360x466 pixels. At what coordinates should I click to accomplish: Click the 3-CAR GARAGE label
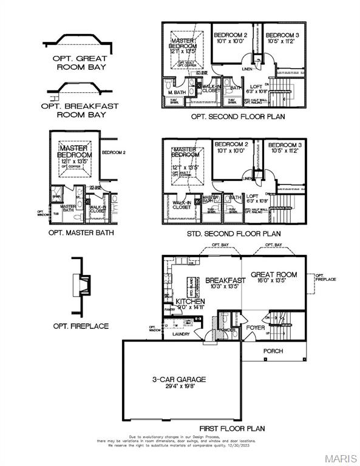click(178, 379)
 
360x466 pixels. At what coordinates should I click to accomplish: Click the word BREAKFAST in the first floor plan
click(225, 280)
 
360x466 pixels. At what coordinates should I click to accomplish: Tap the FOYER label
click(255, 328)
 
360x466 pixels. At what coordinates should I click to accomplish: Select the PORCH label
click(273, 351)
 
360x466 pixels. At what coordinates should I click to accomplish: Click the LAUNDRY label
click(181, 334)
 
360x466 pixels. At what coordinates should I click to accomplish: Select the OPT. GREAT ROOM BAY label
click(79, 63)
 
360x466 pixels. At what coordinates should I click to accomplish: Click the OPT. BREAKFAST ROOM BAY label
click(80, 110)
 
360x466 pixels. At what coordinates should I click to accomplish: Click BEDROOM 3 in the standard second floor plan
click(285, 145)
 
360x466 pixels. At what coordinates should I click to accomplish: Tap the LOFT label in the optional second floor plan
click(257, 87)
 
